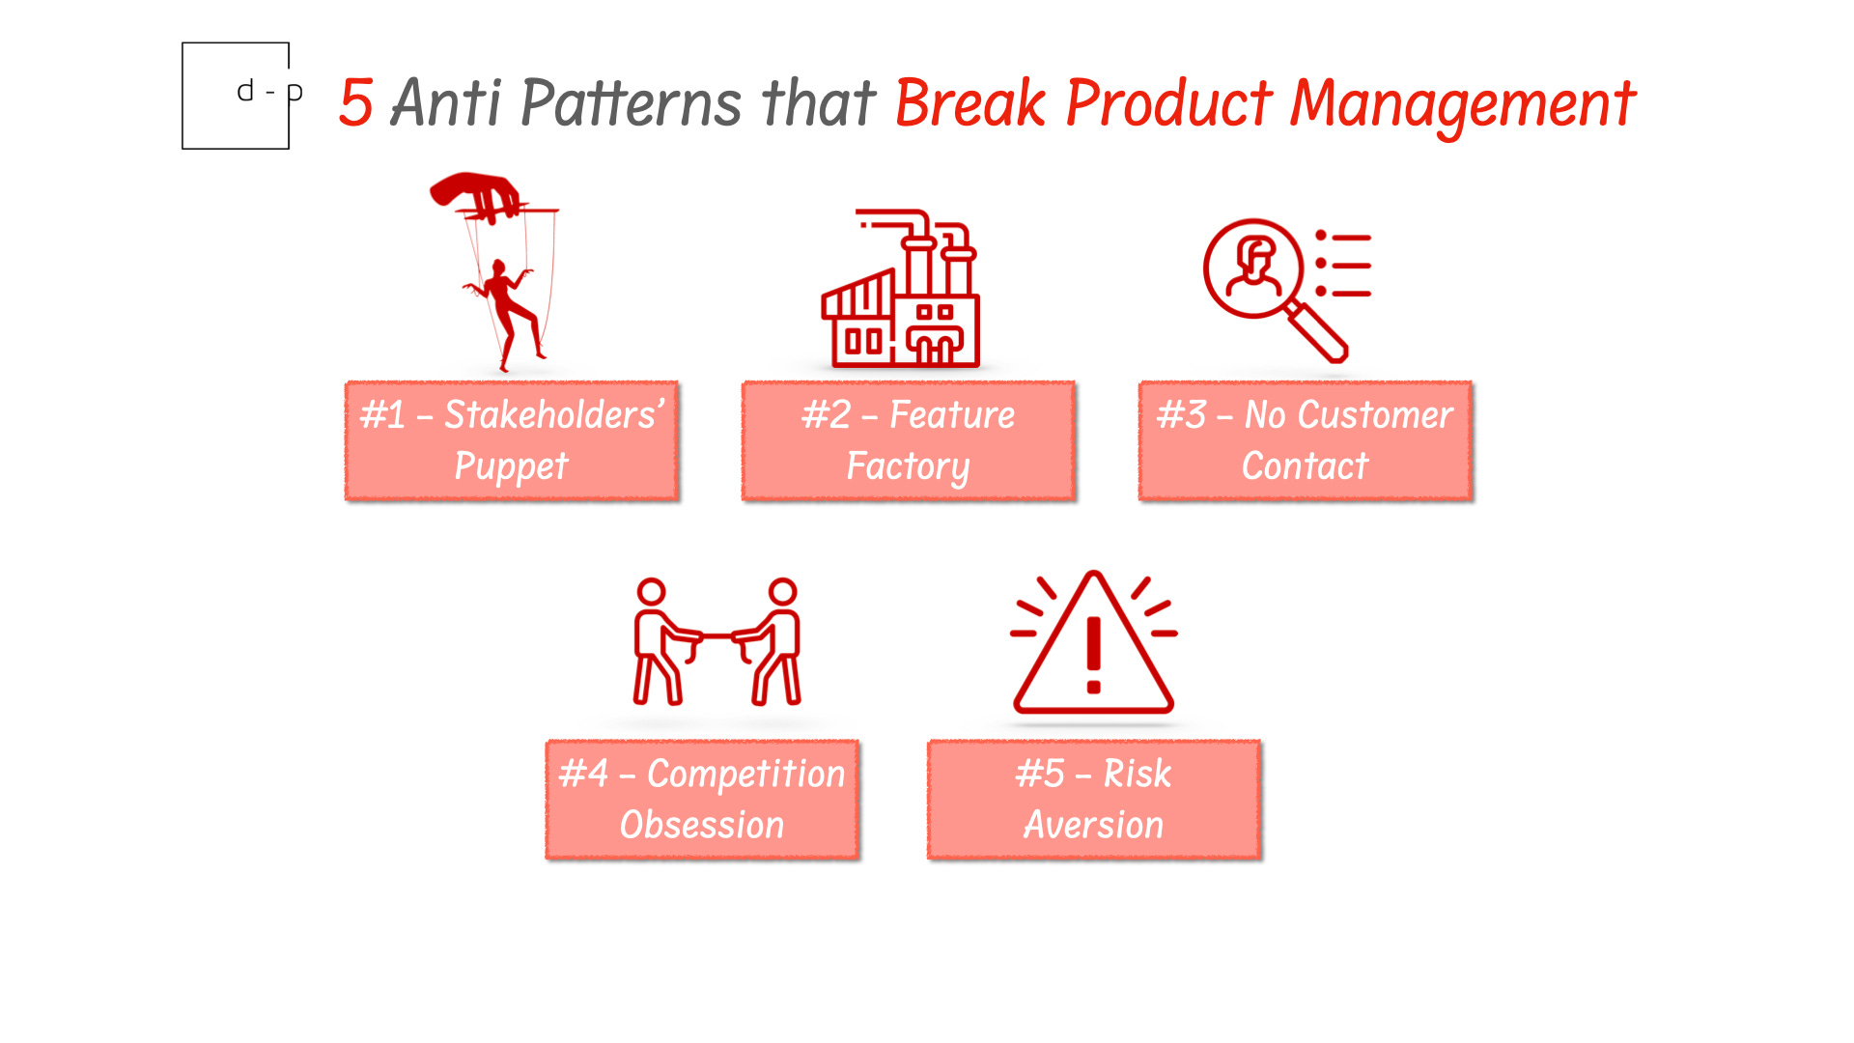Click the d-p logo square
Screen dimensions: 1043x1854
pos(236,96)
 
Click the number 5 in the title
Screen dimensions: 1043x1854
pos(355,102)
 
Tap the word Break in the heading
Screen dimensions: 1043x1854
pos(969,102)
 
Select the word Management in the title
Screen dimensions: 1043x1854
pos(1462,104)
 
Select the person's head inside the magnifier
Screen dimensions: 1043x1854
pos(1255,255)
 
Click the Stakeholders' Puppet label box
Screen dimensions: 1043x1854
pos(512,440)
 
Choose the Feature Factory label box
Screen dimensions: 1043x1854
pos(908,440)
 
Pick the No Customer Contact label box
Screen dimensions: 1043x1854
pos(1305,440)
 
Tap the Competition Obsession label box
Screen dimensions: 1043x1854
pos(702,800)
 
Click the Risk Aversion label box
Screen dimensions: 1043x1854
pos(1093,800)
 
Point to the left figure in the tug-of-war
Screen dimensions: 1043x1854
pos(657,642)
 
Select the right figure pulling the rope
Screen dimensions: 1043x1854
pos(778,642)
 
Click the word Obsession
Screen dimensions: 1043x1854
pos(702,826)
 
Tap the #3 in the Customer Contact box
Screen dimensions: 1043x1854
pos(1182,415)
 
